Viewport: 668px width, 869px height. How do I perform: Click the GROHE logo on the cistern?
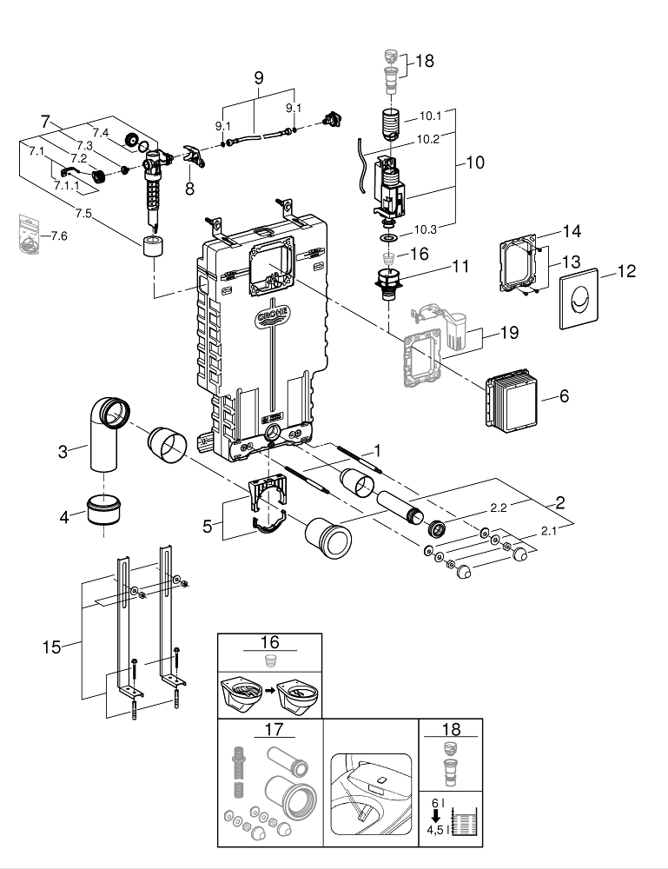click(274, 314)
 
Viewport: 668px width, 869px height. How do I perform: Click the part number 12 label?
click(626, 272)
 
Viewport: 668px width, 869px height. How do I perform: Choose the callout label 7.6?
click(59, 236)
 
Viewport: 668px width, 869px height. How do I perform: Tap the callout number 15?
click(51, 647)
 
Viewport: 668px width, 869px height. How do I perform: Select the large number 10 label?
click(475, 162)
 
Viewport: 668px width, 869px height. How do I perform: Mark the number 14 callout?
click(571, 232)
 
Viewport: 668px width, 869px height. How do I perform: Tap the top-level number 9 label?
click(258, 76)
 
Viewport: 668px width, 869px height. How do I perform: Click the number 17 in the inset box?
click(268, 731)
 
